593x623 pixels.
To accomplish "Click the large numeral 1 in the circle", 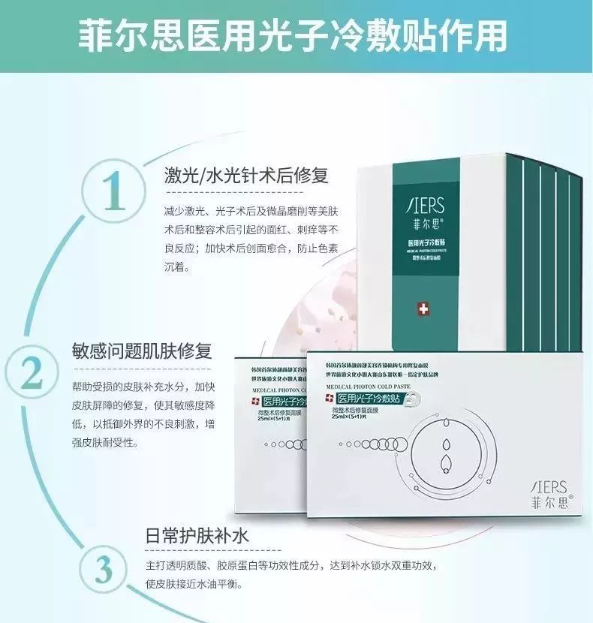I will click(x=115, y=193).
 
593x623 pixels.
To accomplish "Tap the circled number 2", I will click(x=31, y=371).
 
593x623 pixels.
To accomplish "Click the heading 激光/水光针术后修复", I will click(x=247, y=176).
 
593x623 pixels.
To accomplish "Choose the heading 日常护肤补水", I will click(x=197, y=537).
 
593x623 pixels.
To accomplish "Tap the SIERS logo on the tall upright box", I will click(x=426, y=203).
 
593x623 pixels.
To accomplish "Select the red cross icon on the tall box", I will click(x=426, y=309).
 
